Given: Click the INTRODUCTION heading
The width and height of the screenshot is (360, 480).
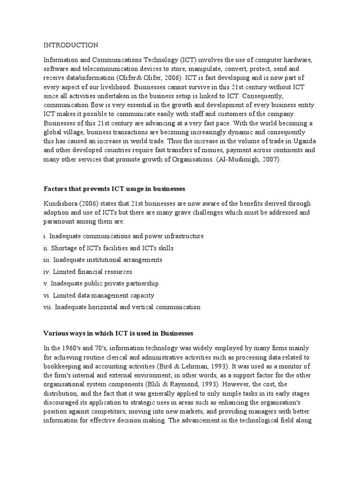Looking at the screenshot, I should point(71,45).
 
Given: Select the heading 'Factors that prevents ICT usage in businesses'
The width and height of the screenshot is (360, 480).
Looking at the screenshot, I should point(115,189).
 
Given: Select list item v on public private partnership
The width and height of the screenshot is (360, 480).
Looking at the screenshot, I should point(101,283).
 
